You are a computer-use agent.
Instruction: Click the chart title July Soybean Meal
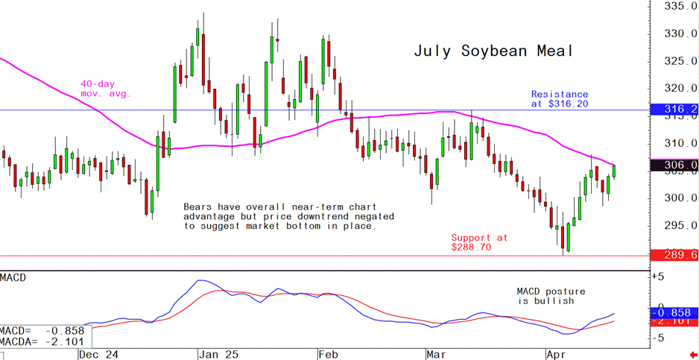pos(493,51)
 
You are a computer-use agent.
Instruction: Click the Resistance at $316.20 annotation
pos(559,99)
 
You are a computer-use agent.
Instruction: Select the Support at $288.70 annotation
pos(478,242)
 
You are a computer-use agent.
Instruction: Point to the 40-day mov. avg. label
pos(106,89)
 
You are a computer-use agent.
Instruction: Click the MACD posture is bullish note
pos(551,296)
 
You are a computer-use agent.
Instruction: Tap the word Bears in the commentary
pos(200,206)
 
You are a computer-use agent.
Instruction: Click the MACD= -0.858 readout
pos(43,330)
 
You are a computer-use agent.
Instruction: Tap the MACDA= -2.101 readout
pos(43,342)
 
